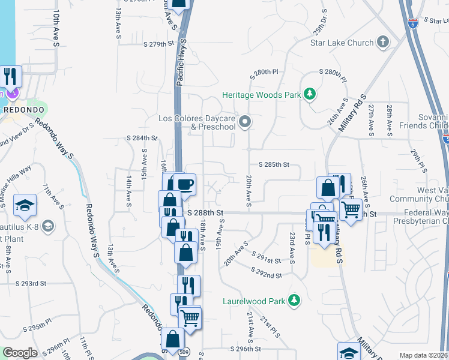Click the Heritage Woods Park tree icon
(310, 94)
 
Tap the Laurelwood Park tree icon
(294, 301)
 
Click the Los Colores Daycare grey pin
(244, 123)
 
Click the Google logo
(20, 353)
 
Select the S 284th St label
(142, 138)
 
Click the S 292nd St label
(267, 275)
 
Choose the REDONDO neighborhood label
(23, 110)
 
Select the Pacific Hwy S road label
(180, 62)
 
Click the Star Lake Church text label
(342, 43)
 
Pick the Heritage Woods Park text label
(261, 95)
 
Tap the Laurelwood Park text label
(253, 301)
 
